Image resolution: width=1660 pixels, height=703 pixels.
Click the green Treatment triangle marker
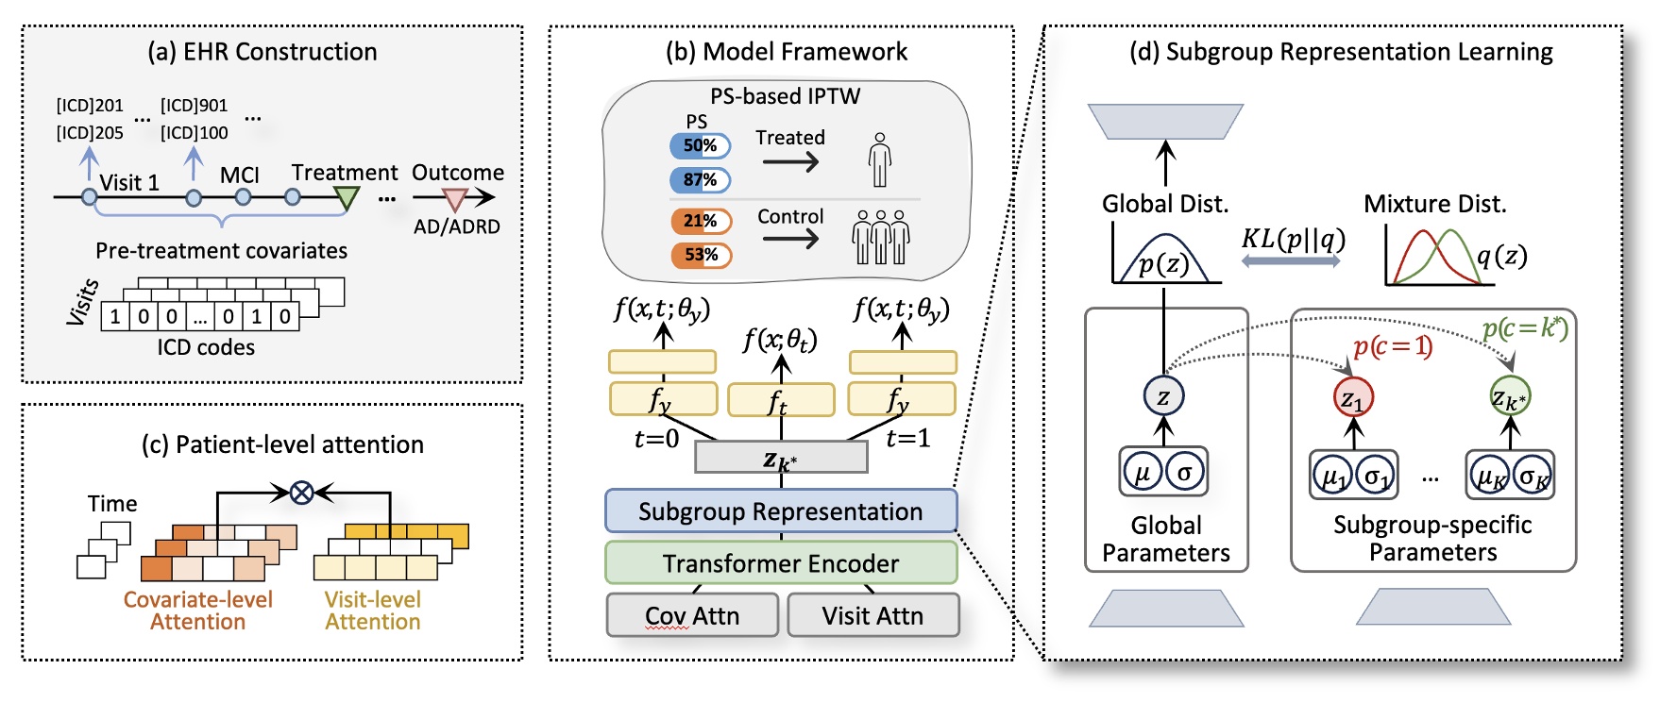[x=347, y=197]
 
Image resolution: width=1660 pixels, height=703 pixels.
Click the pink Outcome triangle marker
[x=455, y=199]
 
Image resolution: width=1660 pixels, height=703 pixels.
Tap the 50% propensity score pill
[x=700, y=145]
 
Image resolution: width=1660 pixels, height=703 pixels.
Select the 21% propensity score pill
[x=701, y=221]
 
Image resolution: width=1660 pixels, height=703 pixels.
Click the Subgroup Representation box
[x=781, y=511]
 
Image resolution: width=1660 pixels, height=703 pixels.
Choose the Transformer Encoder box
[x=781, y=563]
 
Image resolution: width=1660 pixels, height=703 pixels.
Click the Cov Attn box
[x=692, y=615]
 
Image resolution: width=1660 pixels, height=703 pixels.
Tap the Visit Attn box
[x=872, y=615]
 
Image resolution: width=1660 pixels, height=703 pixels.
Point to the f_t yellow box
[x=781, y=400]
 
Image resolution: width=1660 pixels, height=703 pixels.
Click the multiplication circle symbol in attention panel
[x=301, y=492]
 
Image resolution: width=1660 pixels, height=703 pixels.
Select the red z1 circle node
[x=1353, y=397]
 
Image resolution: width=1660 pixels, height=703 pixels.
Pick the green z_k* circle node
[x=1509, y=397]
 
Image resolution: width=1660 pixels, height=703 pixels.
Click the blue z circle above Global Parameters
[x=1163, y=397]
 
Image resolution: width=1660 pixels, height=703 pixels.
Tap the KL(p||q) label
[x=1293, y=238]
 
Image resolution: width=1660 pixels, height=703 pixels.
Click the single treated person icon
[x=880, y=159]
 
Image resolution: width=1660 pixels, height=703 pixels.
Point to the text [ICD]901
[x=194, y=106]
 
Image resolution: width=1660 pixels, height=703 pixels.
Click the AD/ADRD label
[x=457, y=227]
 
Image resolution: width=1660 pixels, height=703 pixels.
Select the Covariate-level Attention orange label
[x=198, y=611]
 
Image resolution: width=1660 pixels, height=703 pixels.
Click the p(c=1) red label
[x=1393, y=346]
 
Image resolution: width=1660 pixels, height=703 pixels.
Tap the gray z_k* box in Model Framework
[x=781, y=458]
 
